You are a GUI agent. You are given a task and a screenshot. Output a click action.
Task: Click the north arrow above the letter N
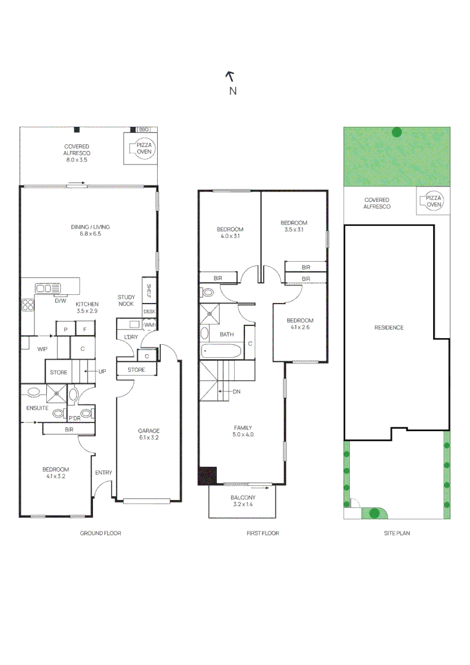[230, 76]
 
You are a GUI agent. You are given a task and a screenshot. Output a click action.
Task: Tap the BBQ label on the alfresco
[144, 130]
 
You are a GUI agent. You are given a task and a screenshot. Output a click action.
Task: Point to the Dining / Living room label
[90, 230]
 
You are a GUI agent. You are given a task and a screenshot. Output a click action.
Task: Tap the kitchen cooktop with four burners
[28, 306]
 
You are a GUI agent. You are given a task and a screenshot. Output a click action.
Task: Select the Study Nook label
[126, 300]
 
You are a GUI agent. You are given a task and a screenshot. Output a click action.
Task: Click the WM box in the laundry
[148, 324]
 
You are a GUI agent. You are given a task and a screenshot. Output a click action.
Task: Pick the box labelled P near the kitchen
[65, 330]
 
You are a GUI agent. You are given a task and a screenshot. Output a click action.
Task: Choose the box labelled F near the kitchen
[85, 330]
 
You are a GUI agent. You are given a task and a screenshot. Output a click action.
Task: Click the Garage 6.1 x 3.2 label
[148, 434]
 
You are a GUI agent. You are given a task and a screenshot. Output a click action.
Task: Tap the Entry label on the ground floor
[103, 472]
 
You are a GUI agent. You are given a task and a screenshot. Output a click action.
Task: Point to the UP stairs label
[102, 372]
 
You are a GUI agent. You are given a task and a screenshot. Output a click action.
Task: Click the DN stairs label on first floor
[236, 392]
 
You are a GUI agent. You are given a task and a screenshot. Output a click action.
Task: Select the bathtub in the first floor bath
[223, 352]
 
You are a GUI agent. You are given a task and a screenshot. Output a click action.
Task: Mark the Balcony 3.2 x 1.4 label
[243, 501]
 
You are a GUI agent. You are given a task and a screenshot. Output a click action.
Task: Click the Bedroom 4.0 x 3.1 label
[230, 232]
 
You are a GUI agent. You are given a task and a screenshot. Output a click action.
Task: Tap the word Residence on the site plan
[389, 328]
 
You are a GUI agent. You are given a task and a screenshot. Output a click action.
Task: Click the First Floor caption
[262, 533]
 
